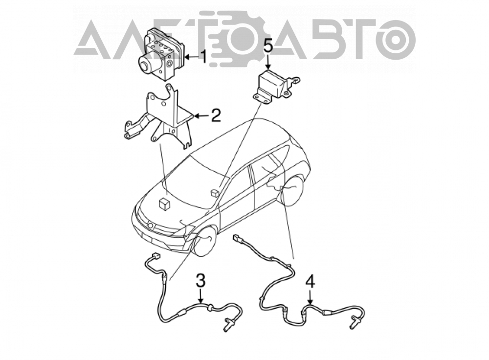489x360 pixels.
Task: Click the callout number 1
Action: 203,57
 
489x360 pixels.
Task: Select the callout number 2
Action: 216,116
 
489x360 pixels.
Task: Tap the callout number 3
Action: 200,280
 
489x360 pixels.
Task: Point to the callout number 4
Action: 310,282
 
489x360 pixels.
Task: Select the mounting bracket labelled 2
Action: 159,117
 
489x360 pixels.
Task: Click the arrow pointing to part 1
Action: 191,57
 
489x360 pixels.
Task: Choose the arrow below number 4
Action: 310,297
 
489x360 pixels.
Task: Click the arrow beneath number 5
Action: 268,62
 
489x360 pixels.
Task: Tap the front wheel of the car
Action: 205,242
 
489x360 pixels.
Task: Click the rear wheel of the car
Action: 291,191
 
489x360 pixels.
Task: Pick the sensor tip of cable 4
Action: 354,322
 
